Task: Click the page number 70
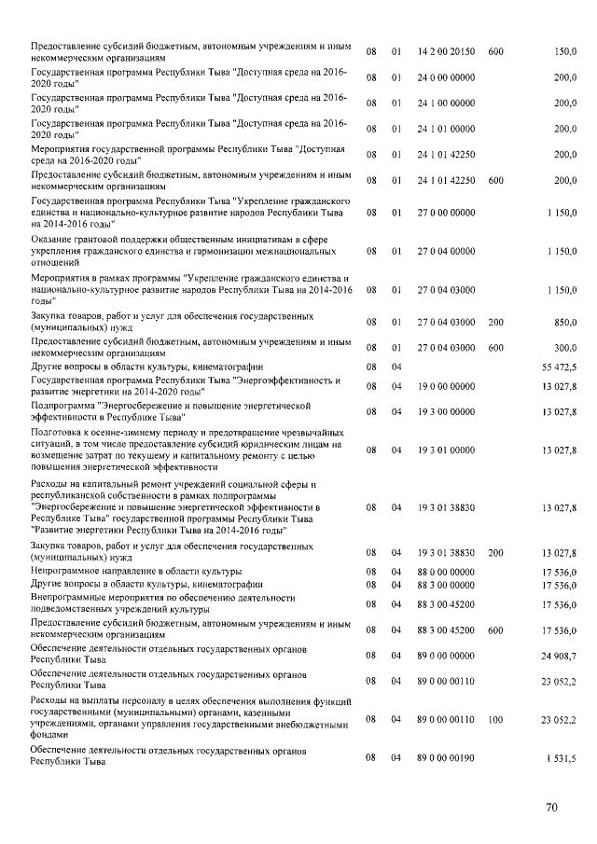click(551, 809)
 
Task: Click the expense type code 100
click(495, 720)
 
